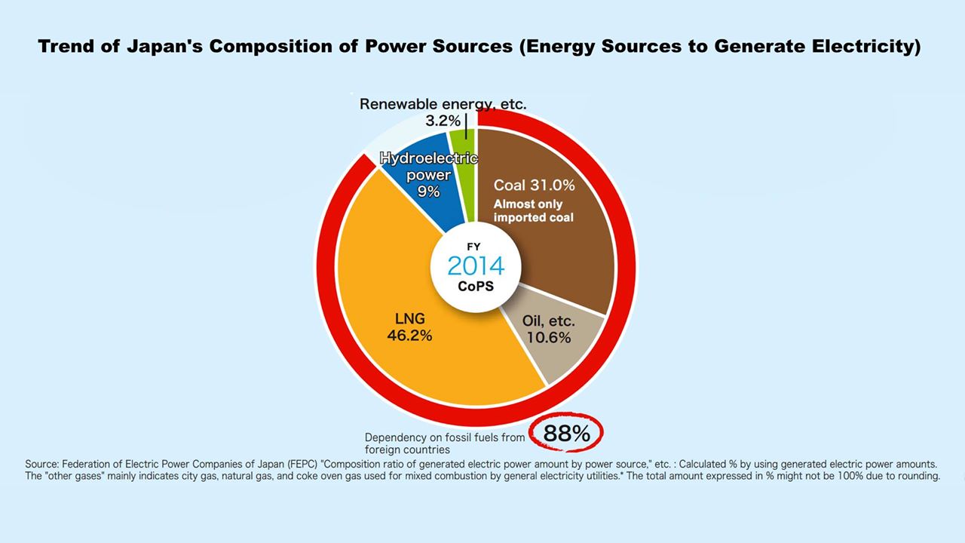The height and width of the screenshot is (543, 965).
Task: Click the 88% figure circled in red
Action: click(566, 434)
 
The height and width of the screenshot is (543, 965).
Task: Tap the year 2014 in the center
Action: click(476, 266)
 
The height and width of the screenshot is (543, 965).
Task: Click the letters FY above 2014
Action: click(473, 247)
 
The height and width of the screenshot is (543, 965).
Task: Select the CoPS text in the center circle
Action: click(476, 287)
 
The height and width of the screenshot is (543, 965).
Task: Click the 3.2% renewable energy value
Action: click(443, 121)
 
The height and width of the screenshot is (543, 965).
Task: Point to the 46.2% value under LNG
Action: click(409, 336)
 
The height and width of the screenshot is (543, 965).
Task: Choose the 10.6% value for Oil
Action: click(548, 337)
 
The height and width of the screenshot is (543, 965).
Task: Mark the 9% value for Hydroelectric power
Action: click(429, 192)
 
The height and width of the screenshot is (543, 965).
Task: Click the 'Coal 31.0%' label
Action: click(535, 186)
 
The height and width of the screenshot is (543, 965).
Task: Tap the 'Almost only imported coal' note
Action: click(533, 210)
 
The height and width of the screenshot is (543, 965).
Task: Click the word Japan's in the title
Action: click(164, 47)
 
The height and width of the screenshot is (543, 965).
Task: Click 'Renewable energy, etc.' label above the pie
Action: click(443, 104)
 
